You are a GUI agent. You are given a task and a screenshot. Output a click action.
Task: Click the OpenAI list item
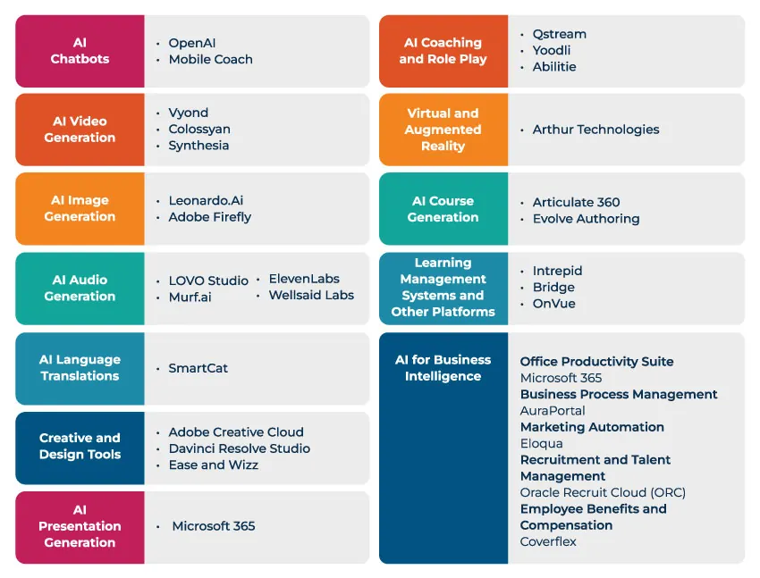191,43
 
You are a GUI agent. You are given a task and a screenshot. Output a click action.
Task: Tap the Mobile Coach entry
210,59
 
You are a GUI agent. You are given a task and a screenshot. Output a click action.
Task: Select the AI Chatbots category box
80,51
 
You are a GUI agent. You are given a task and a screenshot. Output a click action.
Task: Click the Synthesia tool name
198,146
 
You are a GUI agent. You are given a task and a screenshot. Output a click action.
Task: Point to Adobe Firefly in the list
210,216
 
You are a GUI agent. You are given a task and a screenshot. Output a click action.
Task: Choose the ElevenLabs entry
304,279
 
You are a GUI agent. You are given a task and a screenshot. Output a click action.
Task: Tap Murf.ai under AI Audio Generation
190,297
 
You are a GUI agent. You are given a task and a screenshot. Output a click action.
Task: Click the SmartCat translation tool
198,368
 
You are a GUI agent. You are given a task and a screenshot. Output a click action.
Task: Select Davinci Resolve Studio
239,448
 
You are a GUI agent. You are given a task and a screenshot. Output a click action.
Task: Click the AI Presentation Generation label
80,526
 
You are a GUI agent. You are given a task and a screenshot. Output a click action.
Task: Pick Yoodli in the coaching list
551,50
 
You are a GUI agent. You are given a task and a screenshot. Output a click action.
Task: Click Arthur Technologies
595,130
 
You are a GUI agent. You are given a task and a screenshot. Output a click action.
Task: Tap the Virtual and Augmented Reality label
443,130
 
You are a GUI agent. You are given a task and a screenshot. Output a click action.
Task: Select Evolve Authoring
586,219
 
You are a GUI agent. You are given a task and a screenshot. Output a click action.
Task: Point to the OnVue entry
553,304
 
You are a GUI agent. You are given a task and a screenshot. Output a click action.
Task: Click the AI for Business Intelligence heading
443,368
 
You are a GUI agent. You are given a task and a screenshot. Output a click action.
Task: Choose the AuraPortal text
553,411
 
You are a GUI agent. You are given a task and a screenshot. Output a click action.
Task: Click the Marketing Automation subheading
592,427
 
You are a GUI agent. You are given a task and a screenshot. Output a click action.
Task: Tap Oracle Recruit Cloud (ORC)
603,492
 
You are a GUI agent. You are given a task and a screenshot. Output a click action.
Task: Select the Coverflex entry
548,541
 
